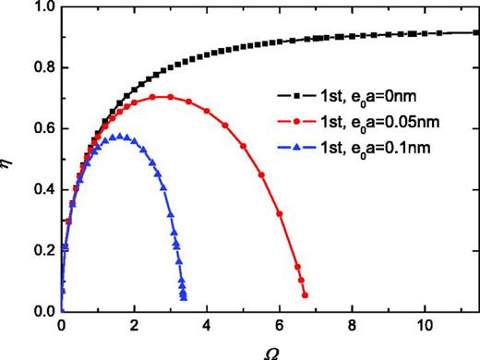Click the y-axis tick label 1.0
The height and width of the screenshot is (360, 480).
(42, 8)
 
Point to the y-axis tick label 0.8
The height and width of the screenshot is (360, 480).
(42, 68)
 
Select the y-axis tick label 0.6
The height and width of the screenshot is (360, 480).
(42, 129)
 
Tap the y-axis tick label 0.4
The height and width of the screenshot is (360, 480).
(42, 190)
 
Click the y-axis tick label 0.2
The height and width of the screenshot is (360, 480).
(42, 251)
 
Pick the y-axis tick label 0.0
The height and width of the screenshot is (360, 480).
(42, 312)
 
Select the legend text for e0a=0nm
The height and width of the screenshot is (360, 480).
(356, 95)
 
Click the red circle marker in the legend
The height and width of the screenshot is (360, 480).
(294, 120)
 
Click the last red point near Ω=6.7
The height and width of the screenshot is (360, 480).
(305, 295)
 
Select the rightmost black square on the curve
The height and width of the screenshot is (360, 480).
(475, 32)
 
